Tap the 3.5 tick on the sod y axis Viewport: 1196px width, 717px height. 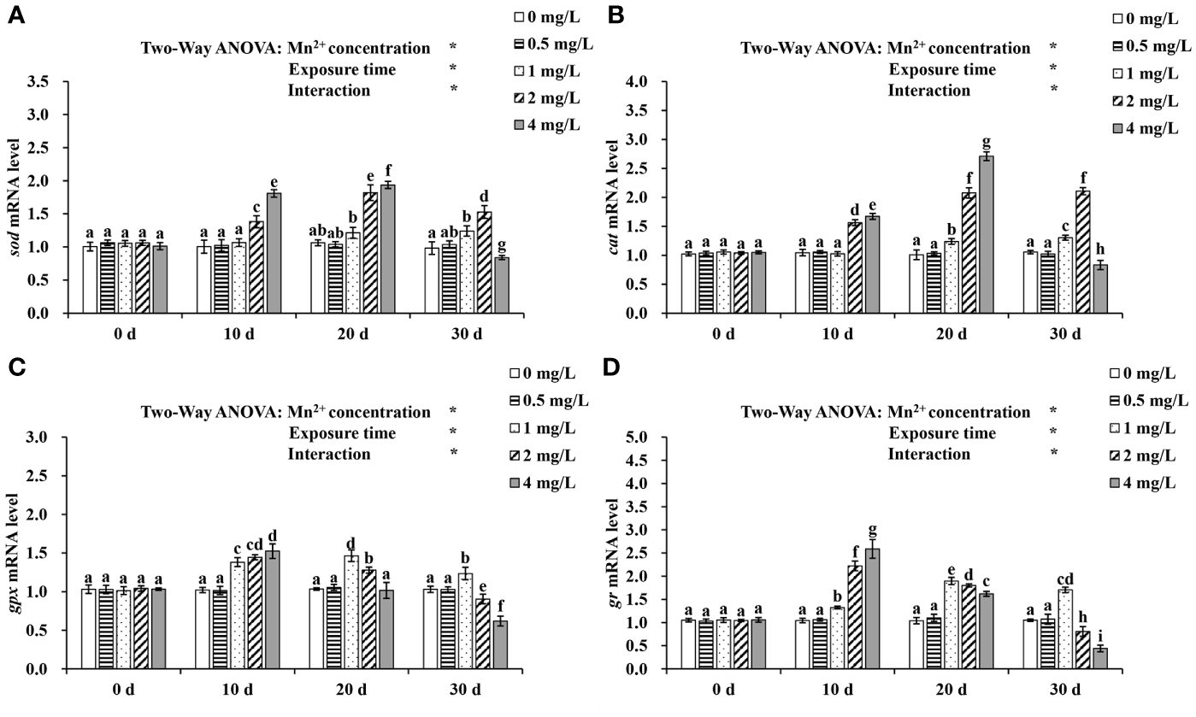[52, 83]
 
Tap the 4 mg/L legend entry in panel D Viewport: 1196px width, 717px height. [1150, 482]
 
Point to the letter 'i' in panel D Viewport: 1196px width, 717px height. [1100, 633]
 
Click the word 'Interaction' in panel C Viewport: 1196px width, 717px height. [329, 454]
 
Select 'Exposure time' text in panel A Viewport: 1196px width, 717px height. [342, 69]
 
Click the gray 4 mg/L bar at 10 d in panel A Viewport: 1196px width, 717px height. [274, 253]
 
